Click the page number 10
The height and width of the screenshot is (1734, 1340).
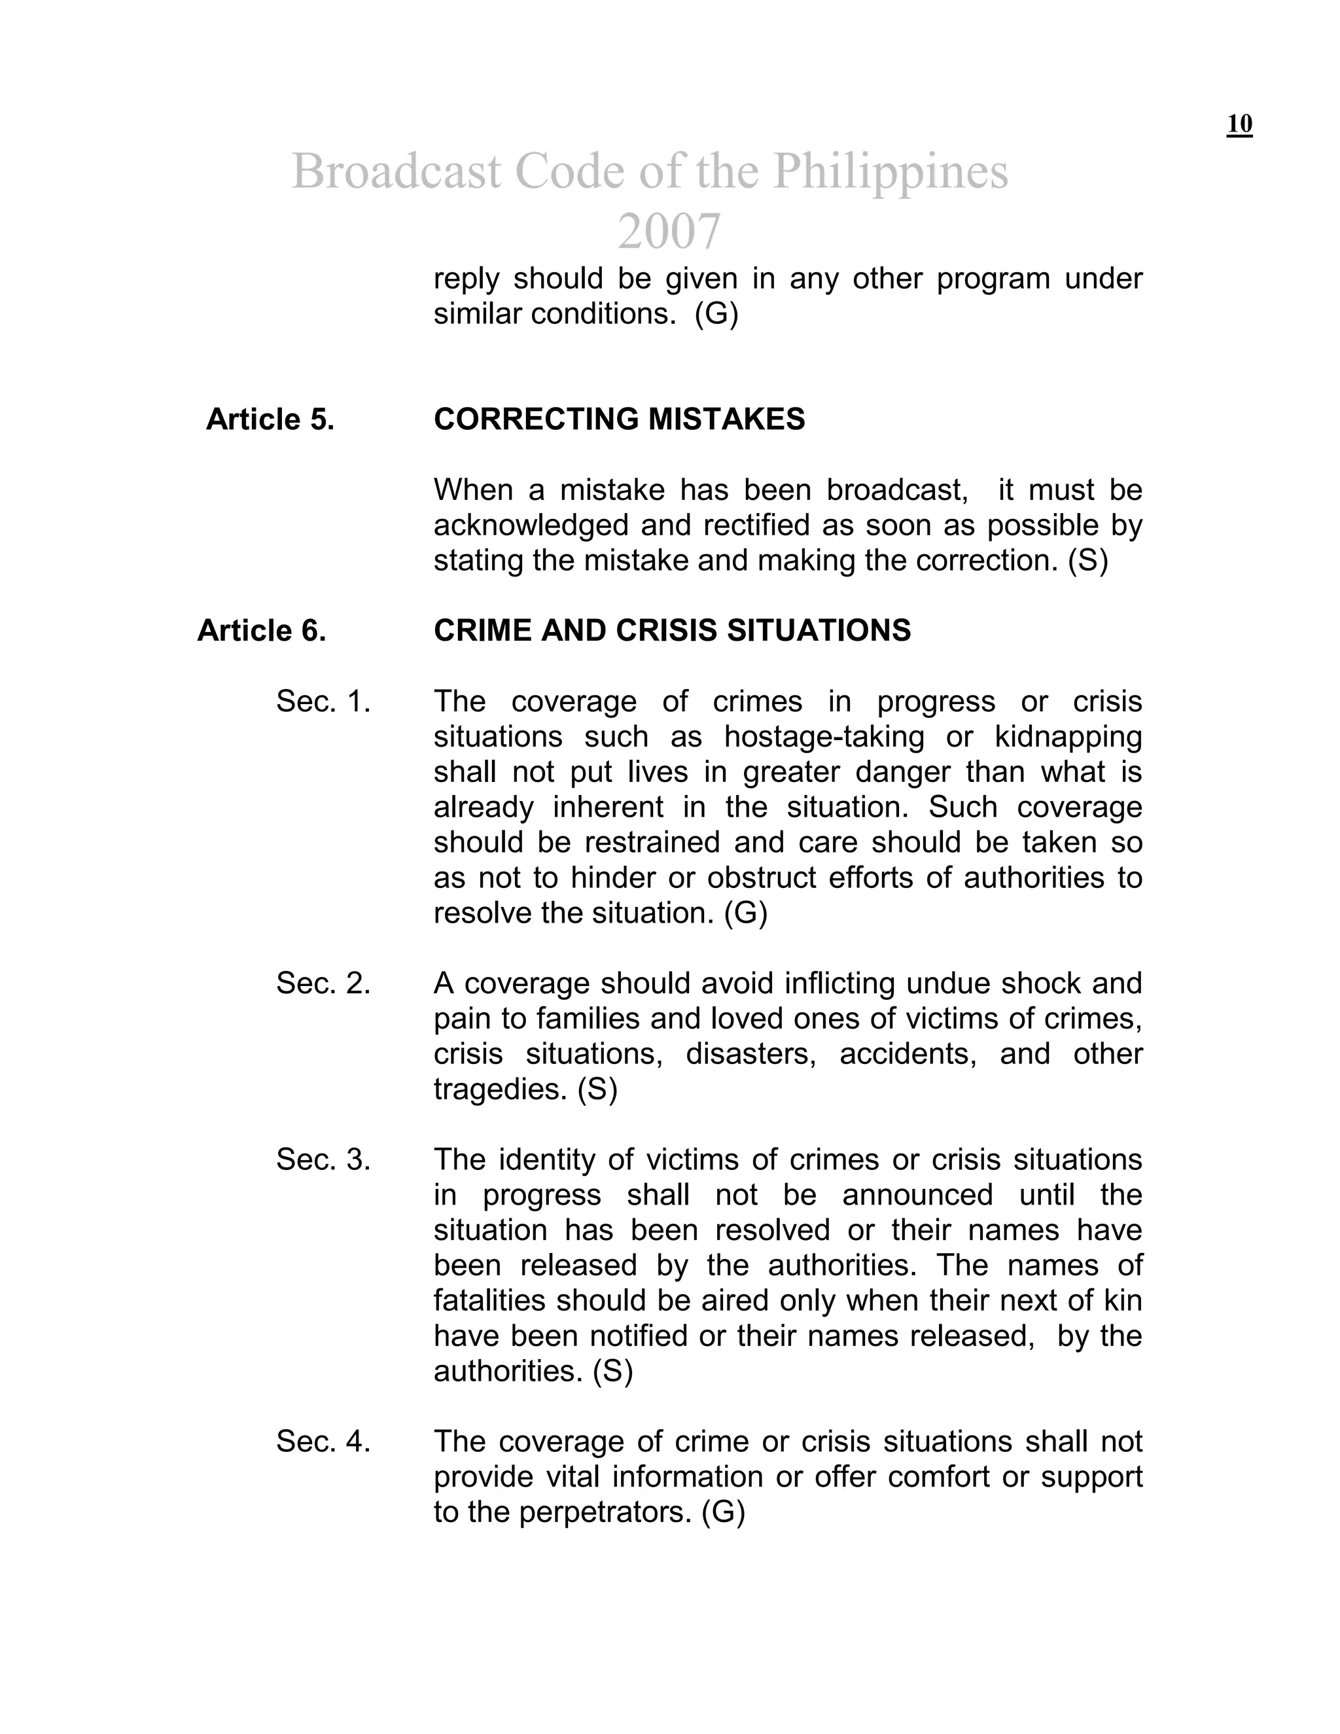1239,124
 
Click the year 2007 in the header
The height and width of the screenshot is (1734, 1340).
669,231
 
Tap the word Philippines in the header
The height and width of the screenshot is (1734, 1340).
890,171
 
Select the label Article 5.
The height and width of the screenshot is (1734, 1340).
270,419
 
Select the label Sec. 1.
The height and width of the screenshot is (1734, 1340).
323,702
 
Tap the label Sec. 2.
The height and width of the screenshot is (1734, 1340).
323,983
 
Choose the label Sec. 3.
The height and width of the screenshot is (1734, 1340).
323,1160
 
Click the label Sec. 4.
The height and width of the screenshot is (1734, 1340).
323,1442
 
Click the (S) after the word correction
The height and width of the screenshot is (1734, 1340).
1087,561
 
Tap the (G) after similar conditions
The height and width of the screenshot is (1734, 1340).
716,314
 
